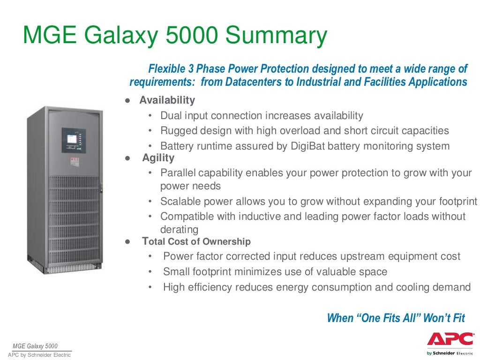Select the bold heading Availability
167,100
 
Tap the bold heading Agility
158,158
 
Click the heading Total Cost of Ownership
196,242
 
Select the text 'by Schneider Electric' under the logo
446,353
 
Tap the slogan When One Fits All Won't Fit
396,318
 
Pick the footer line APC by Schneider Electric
39,355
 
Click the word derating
180,230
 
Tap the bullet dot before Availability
127,101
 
